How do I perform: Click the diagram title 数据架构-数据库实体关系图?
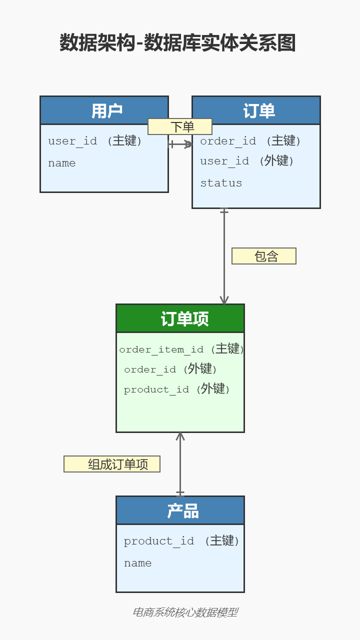pos(177,43)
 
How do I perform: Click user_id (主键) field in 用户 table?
pos(95,141)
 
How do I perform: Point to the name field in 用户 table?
pos(62,163)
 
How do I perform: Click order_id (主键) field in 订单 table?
pos(250,141)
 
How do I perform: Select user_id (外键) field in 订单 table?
pos(247,161)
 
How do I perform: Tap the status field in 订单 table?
pos(221,183)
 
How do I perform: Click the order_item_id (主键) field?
pos(181,349)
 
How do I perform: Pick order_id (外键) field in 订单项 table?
pos(170,369)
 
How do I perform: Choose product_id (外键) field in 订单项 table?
pos(176,389)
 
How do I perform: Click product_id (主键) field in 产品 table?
pos(181,541)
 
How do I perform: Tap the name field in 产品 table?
pos(138,563)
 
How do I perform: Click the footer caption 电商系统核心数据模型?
pos(185,612)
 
